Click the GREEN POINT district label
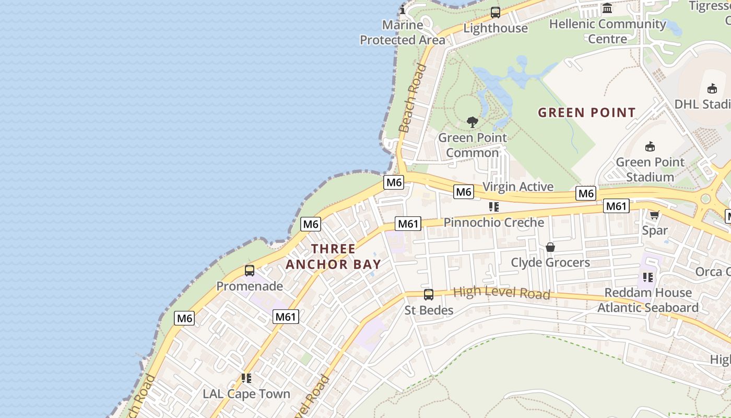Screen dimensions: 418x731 [586, 112]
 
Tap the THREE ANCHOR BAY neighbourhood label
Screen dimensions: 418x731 [333, 256]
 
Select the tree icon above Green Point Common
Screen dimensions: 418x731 [473, 123]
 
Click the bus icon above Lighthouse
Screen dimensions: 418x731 [495, 13]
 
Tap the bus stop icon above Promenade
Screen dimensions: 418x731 [250, 271]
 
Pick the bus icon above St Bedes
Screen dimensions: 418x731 [429, 295]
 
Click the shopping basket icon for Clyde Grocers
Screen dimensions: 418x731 [550, 247]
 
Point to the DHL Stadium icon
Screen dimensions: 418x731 [712, 89]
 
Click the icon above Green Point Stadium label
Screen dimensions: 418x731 [650, 147]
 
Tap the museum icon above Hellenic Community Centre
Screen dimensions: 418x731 [607, 8]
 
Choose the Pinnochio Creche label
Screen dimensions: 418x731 [493, 223]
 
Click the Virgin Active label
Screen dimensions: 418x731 [517, 187]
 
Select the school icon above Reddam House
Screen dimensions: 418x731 [648, 277]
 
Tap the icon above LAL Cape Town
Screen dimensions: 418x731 [246, 378]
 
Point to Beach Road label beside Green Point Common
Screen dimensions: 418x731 [412, 98]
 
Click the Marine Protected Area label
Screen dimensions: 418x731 [403, 32]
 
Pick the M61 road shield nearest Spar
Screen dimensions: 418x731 [616, 206]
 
